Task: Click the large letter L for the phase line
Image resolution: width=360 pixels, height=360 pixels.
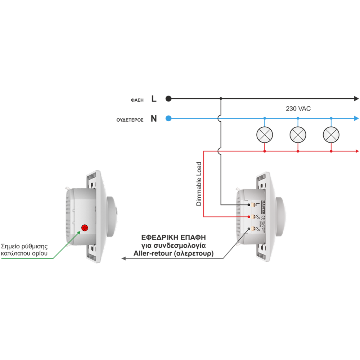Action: tap(154, 99)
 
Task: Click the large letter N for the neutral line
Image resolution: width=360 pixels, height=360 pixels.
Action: tap(154, 118)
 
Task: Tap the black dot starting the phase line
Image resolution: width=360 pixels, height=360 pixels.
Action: tap(168, 98)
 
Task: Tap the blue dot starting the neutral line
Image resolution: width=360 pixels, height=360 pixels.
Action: tap(168, 118)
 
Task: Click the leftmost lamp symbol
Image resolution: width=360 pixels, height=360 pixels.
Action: tap(265, 135)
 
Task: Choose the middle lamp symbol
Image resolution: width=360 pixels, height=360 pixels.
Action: tap(298, 135)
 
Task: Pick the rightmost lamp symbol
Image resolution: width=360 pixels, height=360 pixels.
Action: tap(331, 135)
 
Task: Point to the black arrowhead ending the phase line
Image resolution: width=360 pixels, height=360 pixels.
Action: tap(356, 98)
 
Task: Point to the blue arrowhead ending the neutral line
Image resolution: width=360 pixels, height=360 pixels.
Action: tap(356, 118)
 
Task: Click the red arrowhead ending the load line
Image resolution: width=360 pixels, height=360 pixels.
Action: tap(357, 152)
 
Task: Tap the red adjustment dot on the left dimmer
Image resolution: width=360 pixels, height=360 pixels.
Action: tap(85, 228)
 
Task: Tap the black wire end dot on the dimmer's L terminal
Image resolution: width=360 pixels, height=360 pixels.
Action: tap(249, 205)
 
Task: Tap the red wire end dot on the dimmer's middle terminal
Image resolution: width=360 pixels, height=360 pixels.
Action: tap(249, 217)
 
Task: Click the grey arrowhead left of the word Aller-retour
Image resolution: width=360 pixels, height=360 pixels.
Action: tap(123, 258)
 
